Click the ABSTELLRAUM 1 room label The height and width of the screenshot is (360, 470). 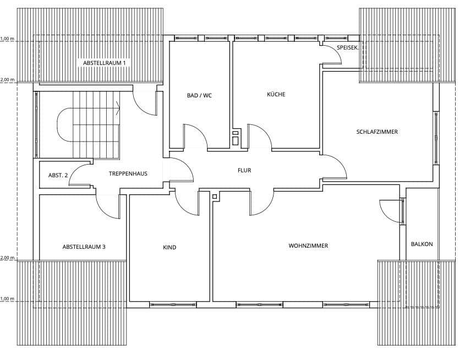[105, 63]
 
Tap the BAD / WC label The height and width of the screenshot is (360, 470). [199, 95]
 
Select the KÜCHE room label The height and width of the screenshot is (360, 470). [276, 94]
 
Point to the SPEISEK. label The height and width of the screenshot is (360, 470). [348, 48]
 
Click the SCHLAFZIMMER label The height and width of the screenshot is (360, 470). [377, 132]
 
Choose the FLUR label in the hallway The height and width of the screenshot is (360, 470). [244, 170]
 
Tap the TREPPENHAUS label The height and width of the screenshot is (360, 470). [128, 173]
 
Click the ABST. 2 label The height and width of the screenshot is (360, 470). [58, 175]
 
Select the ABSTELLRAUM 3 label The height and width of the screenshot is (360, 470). [84, 247]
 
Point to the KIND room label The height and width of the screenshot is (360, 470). [170, 247]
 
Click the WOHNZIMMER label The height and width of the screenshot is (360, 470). [308, 246]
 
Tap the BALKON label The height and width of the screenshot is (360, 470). [422, 244]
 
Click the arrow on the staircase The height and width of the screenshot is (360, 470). [118, 108]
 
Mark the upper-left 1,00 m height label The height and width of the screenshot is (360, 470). [7, 39]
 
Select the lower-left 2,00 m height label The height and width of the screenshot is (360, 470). [7, 258]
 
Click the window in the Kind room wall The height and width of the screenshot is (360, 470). [172, 304]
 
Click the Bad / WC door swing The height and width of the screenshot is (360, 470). [194, 137]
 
